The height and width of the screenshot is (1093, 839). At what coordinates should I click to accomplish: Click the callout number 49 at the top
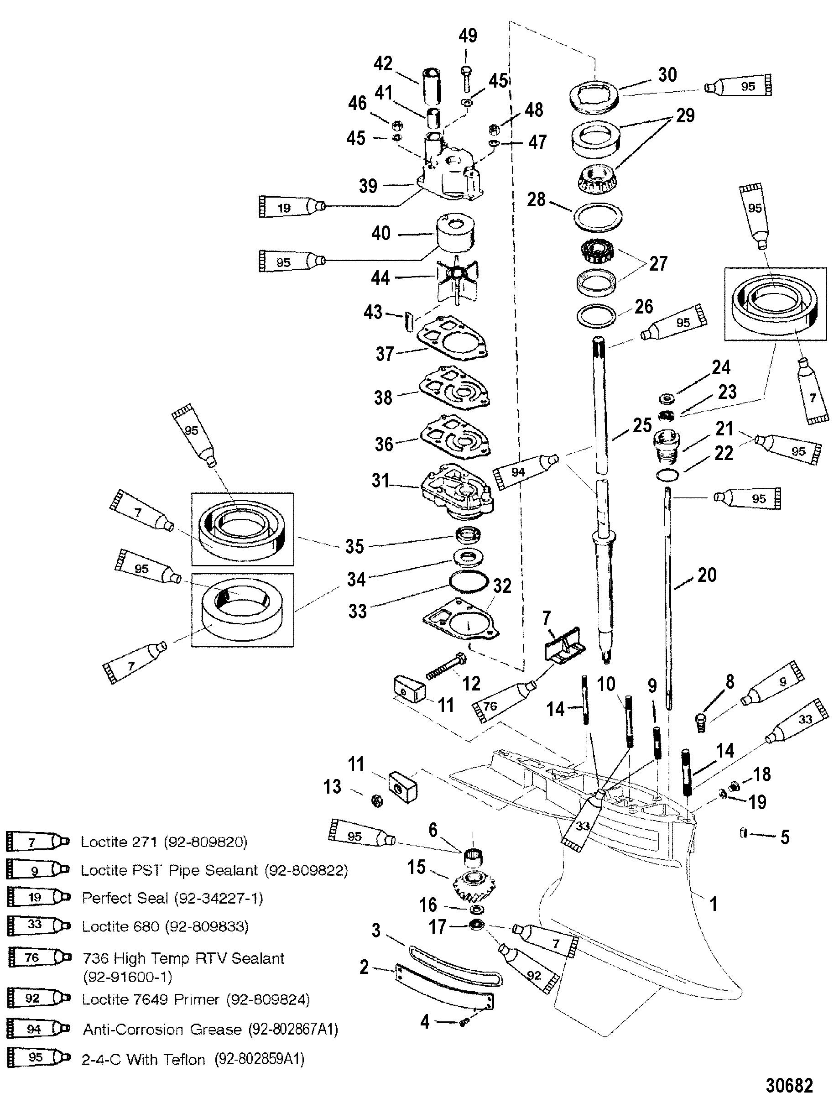[x=468, y=36]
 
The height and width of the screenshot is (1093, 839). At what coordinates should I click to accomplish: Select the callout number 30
[x=667, y=75]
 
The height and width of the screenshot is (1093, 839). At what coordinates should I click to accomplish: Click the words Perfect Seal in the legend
[x=125, y=898]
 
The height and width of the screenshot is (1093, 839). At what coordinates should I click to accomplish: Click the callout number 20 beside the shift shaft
[x=707, y=575]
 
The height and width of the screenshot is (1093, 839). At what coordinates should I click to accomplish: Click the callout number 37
[x=385, y=354]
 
